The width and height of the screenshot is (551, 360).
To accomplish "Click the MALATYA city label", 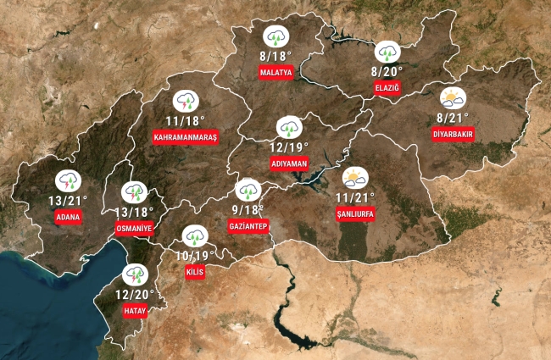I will point(276,73).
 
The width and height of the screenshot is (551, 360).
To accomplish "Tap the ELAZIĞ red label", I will point(386,88).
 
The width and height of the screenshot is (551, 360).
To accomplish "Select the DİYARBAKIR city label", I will point(453,135).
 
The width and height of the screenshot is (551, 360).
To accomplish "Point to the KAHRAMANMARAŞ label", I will point(186,136).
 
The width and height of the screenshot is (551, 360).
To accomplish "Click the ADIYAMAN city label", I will point(289,161).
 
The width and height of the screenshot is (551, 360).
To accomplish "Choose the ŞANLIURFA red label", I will point(354,213).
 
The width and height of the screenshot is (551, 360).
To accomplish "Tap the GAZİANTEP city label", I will point(248,226).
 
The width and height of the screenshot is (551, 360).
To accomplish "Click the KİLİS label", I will point(195,272).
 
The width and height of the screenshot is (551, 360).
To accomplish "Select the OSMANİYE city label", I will point(133,229).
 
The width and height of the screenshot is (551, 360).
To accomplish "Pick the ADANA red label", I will point(67,217).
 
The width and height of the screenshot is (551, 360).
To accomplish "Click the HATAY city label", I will point(136,311).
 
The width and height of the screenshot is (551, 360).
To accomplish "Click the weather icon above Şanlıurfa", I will point(354,177).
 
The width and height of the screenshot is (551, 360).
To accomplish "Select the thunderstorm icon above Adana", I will point(68,180).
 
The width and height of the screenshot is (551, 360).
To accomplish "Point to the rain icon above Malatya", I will point(276,36).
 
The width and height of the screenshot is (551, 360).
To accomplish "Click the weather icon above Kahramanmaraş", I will point(186,102).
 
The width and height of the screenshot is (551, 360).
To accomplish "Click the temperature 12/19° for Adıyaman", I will point(290,146).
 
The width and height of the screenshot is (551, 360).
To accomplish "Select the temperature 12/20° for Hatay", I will point(135,294).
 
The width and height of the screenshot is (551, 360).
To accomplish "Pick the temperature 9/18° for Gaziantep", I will point(248,210).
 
